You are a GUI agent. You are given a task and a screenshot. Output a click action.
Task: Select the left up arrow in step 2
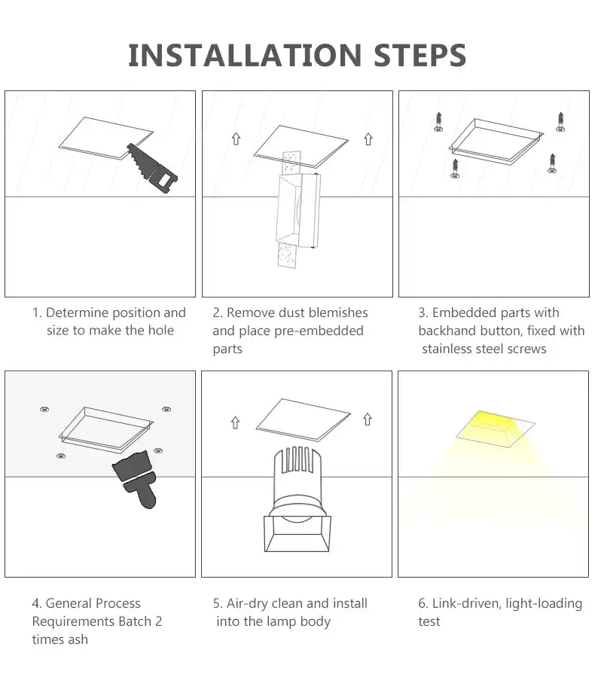click(236, 139)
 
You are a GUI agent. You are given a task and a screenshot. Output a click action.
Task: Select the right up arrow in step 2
click(368, 139)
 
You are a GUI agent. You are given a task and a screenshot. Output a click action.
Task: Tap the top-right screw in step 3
click(560, 121)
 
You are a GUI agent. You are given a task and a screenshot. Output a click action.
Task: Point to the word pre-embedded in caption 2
click(316, 331)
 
